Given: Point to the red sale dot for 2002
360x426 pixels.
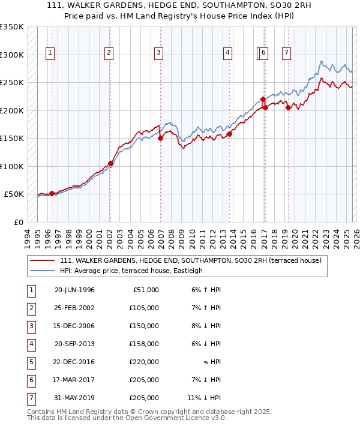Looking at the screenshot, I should coord(110,163).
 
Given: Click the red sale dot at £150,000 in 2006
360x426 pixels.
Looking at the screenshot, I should coord(161,138).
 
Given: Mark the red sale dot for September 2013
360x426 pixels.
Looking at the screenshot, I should coord(230,134).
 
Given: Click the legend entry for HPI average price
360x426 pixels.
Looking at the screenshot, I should coord(131,271).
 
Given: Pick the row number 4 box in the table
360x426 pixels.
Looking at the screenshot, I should coord(29,344).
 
